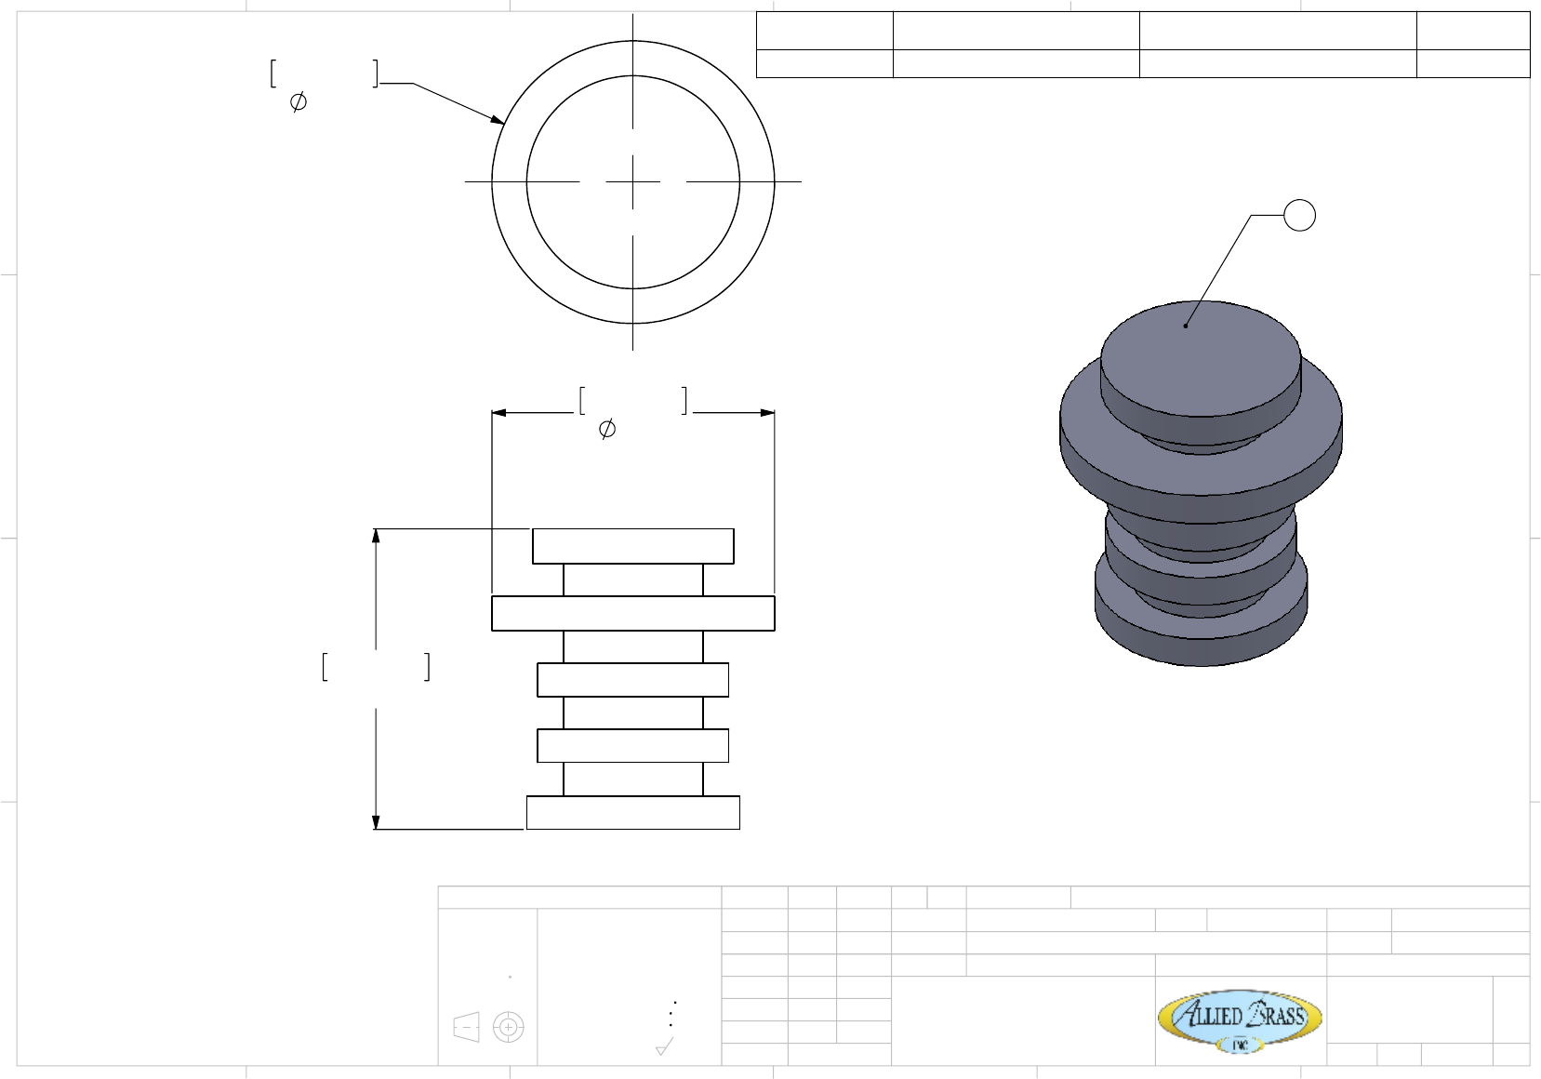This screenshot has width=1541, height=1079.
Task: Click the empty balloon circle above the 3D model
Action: tap(1299, 216)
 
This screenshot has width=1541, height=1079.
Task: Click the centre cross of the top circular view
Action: tap(633, 181)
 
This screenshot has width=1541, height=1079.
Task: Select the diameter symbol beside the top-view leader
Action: tap(299, 101)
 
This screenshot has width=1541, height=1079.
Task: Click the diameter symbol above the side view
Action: tap(606, 429)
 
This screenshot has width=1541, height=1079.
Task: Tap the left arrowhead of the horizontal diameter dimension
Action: tap(498, 412)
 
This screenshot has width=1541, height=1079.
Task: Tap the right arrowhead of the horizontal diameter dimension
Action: tap(767, 412)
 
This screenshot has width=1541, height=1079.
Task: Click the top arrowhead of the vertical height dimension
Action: tap(376, 536)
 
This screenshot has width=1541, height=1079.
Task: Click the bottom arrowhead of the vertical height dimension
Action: tap(376, 821)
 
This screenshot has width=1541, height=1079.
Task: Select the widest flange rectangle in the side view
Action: tap(633, 613)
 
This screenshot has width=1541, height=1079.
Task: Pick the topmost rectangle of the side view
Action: tap(633, 546)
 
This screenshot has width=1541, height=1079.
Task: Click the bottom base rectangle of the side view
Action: tap(633, 812)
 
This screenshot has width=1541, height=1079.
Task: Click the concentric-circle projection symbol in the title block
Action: tap(508, 1027)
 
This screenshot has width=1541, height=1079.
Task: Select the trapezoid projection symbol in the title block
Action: tap(466, 1027)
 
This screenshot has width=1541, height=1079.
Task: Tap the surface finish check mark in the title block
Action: tap(664, 1047)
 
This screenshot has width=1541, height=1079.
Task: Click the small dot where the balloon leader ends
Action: tap(1186, 326)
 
